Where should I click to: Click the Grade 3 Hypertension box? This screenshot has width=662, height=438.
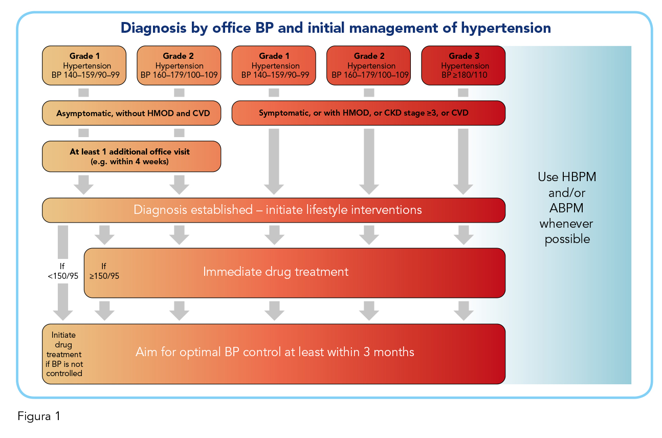click(463, 65)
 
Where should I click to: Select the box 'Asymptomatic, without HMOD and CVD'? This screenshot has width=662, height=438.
click(131, 113)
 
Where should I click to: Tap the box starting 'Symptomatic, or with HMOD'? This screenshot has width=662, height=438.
click(368, 113)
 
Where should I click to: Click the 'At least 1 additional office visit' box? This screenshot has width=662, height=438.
click(131, 157)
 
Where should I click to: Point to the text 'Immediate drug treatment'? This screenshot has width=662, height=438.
click(276, 272)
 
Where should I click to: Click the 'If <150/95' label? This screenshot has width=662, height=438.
click(63, 271)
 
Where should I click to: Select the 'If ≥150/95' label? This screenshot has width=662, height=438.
click(104, 271)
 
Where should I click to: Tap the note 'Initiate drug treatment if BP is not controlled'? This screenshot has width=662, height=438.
click(64, 354)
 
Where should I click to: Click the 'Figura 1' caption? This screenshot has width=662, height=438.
click(39, 416)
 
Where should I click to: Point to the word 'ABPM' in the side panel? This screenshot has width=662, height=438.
click(566, 208)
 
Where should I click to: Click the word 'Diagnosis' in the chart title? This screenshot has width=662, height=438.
click(153, 28)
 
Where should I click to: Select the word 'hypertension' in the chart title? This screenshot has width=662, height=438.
click(506, 28)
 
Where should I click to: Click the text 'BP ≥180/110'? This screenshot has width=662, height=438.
click(465, 75)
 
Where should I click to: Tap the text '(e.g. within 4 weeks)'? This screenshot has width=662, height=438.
click(130, 162)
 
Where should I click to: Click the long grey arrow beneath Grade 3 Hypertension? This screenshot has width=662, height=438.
click(463, 161)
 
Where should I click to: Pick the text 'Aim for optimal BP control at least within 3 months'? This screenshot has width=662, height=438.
click(275, 352)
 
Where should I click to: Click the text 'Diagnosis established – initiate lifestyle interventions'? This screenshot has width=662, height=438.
click(277, 210)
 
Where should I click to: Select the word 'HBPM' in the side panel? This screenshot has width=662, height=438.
click(579, 177)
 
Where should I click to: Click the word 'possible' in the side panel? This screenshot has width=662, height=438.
click(567, 239)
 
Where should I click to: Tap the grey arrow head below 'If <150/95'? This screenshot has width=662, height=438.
click(63, 315)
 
